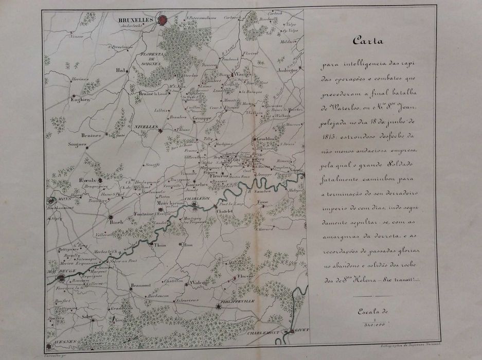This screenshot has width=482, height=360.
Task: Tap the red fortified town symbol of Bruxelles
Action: tap(163, 21)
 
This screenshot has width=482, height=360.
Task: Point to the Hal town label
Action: tap(121, 70)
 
